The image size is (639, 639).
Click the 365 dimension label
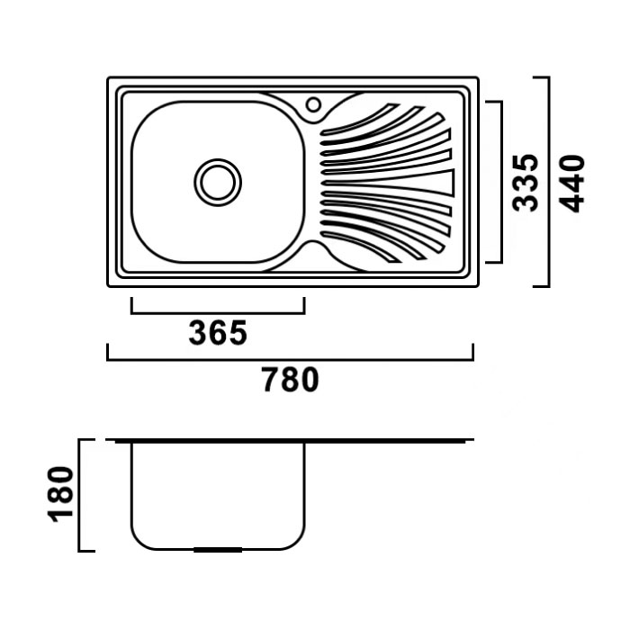click(x=218, y=333)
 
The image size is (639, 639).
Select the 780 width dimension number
click(x=290, y=380)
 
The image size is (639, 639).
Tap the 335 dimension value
click(x=526, y=183)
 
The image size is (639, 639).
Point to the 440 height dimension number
click(x=571, y=184)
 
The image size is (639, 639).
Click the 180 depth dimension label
click(x=61, y=494)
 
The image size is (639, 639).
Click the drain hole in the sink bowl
click(x=218, y=182)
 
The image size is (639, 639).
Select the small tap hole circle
click(x=313, y=104)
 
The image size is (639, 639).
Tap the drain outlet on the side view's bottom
click(x=218, y=550)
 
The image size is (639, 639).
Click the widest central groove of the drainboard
click(x=388, y=183)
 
